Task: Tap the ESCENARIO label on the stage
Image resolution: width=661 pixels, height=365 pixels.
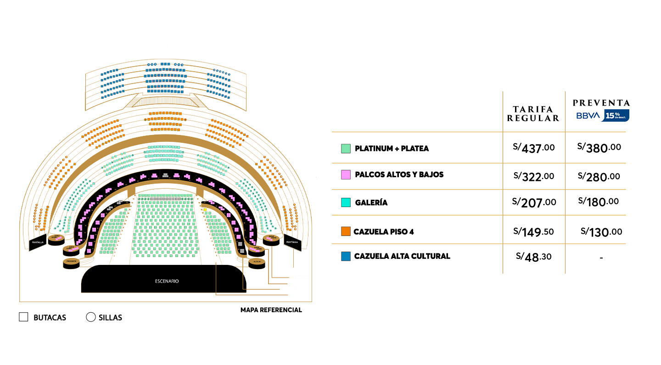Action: pos(167,281)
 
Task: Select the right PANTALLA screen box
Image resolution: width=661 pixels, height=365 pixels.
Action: pos(292,241)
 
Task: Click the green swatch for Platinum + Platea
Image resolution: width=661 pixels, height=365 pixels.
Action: pos(346,149)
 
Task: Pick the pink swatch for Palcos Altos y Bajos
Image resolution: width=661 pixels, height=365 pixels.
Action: pos(346,175)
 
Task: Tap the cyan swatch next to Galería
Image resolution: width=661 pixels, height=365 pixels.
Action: pos(346,202)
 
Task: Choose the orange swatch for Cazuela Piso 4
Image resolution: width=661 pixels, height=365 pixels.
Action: pos(346,231)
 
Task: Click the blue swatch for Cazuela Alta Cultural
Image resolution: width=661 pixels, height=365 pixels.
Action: pos(346,256)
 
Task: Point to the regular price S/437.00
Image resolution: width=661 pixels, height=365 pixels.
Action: pos(533,148)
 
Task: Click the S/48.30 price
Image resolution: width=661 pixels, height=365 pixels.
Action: pos(533,257)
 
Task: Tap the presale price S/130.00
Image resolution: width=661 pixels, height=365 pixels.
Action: pos(601,232)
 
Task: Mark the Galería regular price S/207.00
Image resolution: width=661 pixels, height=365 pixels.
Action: pos(533,202)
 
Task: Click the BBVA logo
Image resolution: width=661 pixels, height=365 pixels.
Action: pos(587,116)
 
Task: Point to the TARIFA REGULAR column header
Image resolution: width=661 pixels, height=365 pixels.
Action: pos(533,113)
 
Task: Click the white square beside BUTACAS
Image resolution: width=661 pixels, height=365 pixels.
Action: pos(23,317)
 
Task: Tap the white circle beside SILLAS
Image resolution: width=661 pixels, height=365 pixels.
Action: pos(90,317)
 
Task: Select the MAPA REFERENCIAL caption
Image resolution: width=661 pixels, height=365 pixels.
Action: pos(271,310)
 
